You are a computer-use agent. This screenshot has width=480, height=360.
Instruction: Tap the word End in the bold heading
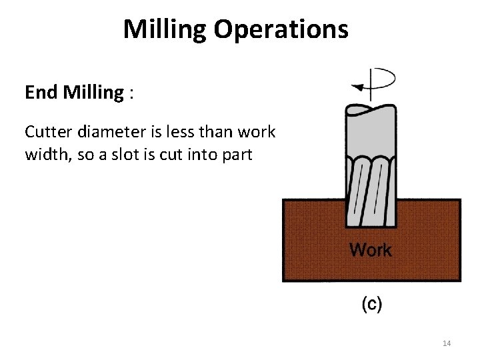(39, 93)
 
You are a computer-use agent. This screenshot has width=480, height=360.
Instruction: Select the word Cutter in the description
(47, 131)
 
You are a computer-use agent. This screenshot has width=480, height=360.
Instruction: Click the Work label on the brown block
(371, 251)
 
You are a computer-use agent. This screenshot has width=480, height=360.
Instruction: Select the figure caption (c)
(371, 305)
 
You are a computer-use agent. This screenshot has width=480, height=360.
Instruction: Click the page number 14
(447, 343)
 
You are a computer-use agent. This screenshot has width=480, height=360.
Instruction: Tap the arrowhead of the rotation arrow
(358, 86)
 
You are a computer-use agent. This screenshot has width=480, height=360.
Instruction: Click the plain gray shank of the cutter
(371, 133)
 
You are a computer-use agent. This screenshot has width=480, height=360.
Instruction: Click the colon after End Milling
(133, 93)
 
